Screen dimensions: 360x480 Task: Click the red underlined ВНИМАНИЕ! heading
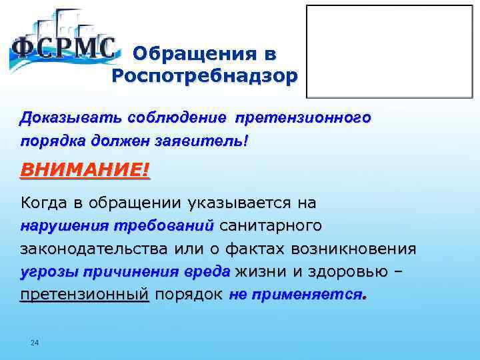pyautogui.click(x=85, y=170)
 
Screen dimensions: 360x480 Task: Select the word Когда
pyautogui.click(x=44, y=202)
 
